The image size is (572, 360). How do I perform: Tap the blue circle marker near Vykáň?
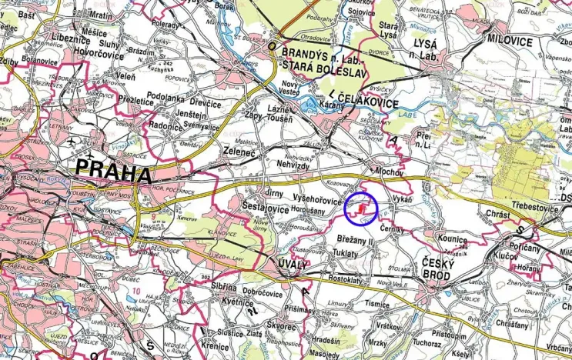[x=361, y=208]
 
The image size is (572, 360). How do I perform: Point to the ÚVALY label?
[x=292, y=265]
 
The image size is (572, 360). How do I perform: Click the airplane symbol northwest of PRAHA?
[x=72, y=142]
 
